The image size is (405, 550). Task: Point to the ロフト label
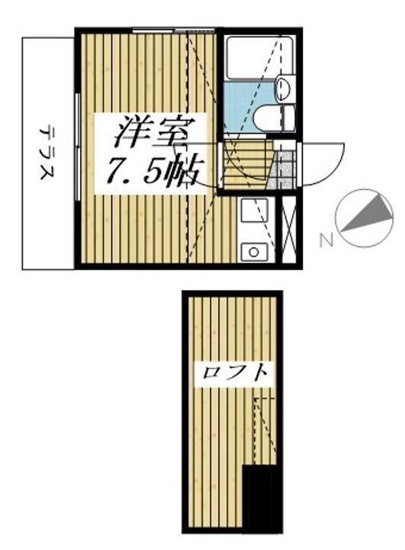[x=236, y=374]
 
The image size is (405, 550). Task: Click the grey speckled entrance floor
[x=284, y=170]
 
